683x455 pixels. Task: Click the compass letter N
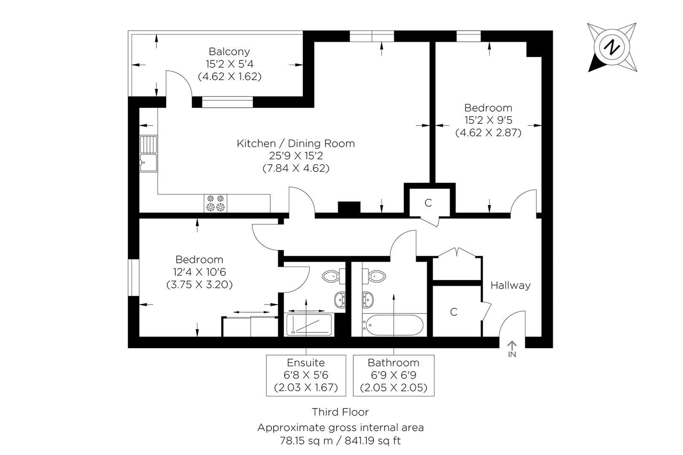click(x=612, y=48)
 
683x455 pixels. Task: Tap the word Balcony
click(x=229, y=51)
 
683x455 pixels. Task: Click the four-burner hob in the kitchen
click(x=215, y=203)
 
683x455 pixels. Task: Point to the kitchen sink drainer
click(x=149, y=144)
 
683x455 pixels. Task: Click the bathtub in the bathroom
click(x=394, y=325)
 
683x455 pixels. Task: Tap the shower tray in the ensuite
click(x=309, y=325)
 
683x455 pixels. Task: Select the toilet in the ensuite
click(x=333, y=276)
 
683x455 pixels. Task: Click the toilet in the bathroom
click(x=374, y=276)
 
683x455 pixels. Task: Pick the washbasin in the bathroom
click(x=368, y=300)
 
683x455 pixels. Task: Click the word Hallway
click(x=511, y=286)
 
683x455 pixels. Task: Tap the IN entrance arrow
click(x=512, y=345)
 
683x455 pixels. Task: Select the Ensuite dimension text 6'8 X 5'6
click(x=306, y=375)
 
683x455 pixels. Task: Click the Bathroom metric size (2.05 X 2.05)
click(x=394, y=387)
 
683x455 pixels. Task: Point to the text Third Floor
click(x=340, y=412)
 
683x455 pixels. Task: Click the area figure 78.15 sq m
click(x=306, y=441)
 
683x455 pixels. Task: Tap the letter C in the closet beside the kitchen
click(x=428, y=203)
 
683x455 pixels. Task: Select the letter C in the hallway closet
click(x=454, y=312)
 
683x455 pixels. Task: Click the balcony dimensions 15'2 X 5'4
click(x=229, y=64)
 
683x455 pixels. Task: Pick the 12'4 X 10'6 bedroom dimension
click(x=199, y=272)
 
